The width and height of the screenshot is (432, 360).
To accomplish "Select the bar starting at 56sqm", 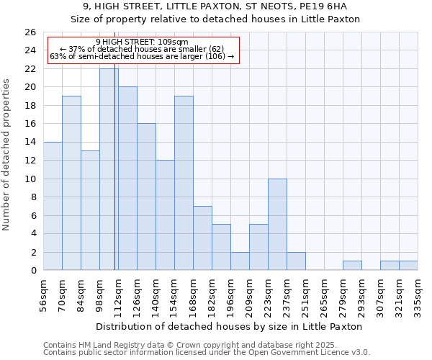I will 53,206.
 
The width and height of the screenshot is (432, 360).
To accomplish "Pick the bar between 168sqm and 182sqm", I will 202,238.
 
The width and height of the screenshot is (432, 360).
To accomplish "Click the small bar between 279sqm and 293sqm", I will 352,266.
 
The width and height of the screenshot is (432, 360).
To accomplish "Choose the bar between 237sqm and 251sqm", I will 296,261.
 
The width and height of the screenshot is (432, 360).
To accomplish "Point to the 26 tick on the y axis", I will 30,32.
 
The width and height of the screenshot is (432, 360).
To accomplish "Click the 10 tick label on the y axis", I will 30,179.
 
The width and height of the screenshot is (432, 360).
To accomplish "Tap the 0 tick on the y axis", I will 32,271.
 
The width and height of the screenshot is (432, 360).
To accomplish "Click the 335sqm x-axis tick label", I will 418,294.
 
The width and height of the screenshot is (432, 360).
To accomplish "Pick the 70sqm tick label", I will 63,294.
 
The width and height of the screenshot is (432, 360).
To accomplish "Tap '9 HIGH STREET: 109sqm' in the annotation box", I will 142,42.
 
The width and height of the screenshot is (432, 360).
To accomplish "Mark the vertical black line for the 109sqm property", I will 114,180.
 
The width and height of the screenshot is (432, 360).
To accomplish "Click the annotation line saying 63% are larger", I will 142,56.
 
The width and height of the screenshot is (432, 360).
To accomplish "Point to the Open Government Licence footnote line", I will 207,353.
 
